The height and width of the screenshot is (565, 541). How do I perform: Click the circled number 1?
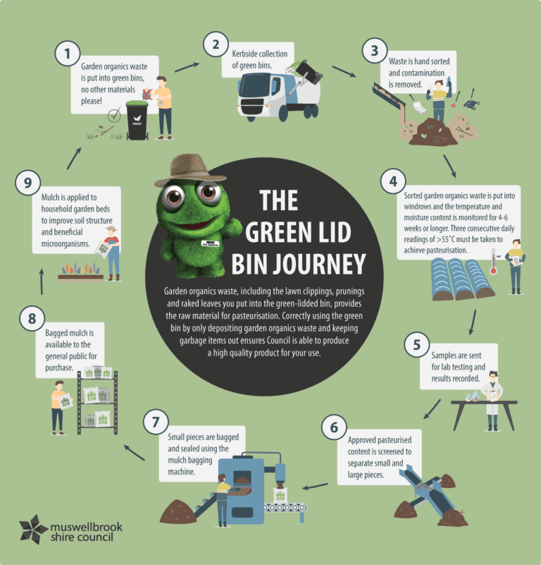(x=68, y=54)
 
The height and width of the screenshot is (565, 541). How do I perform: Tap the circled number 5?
(x=417, y=345)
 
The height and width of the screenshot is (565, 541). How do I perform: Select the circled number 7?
(x=156, y=422)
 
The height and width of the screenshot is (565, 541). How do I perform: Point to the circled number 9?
(x=27, y=183)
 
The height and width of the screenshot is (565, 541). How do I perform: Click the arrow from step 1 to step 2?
(x=187, y=67)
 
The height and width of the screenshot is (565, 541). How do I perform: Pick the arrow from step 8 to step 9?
(x=42, y=281)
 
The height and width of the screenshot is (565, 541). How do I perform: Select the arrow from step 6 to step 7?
(x=315, y=487)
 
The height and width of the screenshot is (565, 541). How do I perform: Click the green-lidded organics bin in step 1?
(x=137, y=121)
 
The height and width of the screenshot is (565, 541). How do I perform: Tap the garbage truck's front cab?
(x=256, y=97)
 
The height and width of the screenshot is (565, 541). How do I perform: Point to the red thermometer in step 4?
(x=494, y=262)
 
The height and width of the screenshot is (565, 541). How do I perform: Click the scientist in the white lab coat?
(x=492, y=401)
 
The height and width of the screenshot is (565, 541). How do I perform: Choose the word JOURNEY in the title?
(x=299, y=265)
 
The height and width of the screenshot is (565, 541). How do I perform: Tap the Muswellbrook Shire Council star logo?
(x=32, y=529)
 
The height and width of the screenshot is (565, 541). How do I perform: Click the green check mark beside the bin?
(x=115, y=115)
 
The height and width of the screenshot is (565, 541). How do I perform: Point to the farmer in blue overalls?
(x=113, y=253)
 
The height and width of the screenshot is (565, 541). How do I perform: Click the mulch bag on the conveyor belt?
(x=280, y=495)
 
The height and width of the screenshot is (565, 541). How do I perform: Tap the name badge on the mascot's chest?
(x=210, y=243)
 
